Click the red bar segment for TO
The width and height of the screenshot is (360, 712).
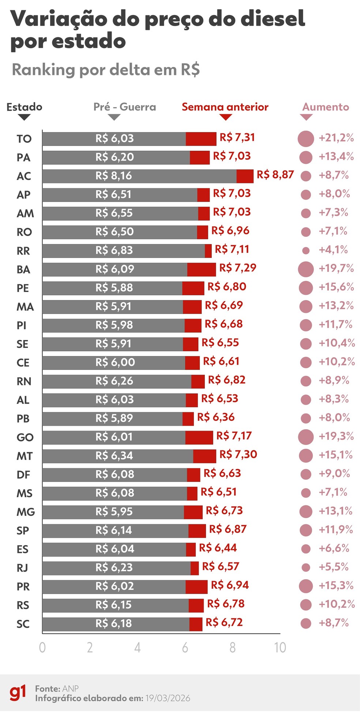201,139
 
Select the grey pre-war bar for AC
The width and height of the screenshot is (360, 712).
139,176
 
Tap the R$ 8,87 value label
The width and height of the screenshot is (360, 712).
275,175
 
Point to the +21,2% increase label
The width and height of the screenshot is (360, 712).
336,138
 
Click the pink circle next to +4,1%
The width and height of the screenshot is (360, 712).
306,251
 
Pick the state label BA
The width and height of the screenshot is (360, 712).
23,270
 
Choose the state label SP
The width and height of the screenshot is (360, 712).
23,531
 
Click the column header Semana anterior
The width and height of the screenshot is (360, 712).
225,107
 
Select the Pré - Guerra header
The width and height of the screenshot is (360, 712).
125,107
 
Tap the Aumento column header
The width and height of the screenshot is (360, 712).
326,107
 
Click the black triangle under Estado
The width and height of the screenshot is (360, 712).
24,117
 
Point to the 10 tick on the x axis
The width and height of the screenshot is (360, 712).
280,648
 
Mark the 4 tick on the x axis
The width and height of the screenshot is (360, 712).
137,648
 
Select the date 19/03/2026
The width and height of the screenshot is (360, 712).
168,698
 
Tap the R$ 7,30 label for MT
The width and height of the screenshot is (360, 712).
238,454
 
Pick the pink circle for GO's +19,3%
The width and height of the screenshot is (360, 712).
306,437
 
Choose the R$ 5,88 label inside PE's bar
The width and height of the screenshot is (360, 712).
114,288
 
